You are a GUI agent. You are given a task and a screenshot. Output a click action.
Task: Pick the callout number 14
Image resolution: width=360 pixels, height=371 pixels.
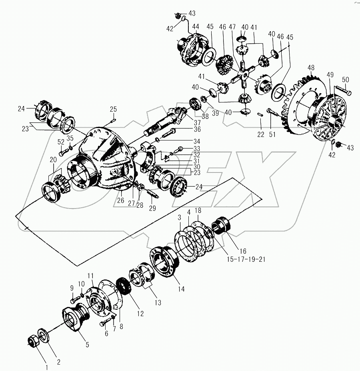pyautogui.click(x=182, y=288)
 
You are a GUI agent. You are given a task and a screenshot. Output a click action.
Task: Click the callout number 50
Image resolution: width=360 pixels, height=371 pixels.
pyautogui.click(x=345, y=79)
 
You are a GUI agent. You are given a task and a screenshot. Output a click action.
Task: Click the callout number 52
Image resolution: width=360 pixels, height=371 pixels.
pyautogui.click(x=60, y=142)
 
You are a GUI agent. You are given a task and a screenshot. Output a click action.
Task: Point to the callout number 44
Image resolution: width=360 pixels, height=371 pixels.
pyautogui.click(x=196, y=26)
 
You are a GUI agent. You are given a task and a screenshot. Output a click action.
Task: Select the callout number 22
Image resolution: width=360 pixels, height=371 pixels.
pyautogui.click(x=261, y=134)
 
